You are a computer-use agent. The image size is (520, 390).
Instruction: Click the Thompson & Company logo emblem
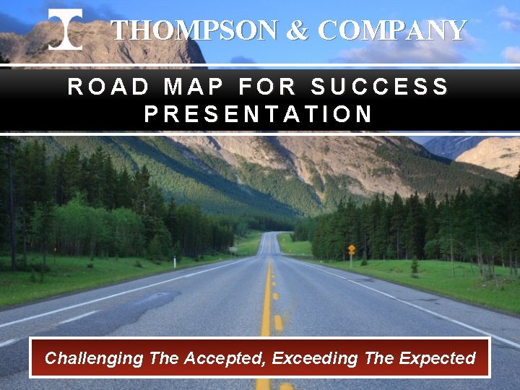point(65,30)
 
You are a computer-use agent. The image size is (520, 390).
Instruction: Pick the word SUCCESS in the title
point(380,87)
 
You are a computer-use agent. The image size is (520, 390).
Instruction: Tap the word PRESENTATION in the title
point(259,114)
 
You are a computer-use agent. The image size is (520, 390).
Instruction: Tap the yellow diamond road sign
point(351,249)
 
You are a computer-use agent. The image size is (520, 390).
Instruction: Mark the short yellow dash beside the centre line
point(278,322)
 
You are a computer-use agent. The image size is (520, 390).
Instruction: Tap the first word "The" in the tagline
point(163,358)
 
